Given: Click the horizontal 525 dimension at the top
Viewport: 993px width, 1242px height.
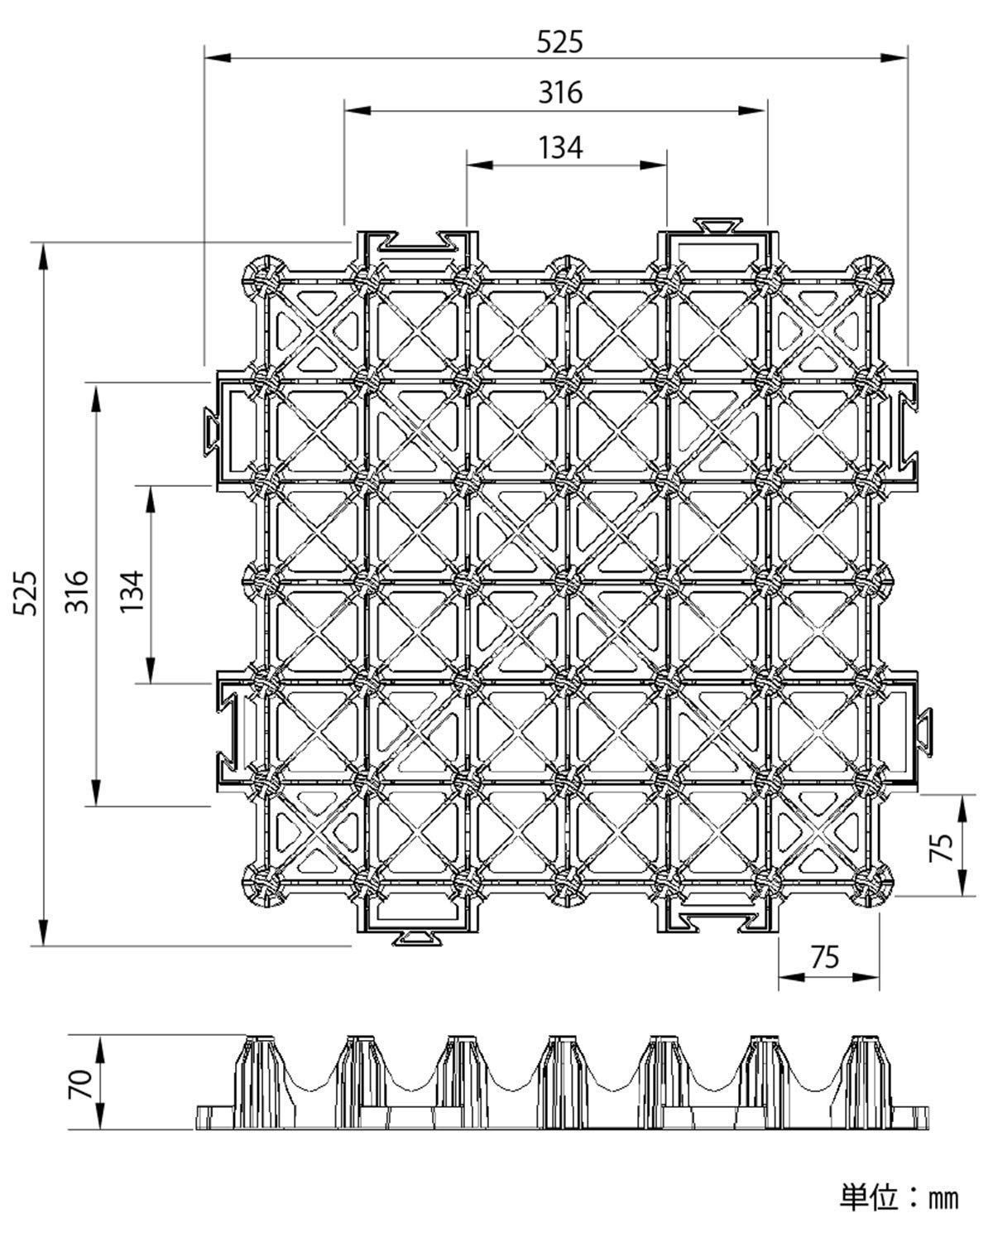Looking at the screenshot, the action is (x=559, y=42).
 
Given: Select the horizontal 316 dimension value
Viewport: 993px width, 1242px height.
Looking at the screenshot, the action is (x=560, y=93).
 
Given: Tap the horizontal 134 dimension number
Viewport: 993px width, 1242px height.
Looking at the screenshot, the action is (x=560, y=147).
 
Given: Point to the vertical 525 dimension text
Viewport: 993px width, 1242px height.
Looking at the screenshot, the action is (x=25, y=593).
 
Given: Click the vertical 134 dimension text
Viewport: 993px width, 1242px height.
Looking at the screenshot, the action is (x=132, y=591).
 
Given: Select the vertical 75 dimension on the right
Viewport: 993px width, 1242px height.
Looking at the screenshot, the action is (x=941, y=847).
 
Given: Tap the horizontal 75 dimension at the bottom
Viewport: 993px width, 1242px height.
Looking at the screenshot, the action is (x=824, y=957).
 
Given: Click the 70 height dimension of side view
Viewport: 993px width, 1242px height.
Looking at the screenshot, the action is (x=80, y=1084).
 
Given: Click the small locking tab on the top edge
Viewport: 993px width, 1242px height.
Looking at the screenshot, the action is (x=717, y=224).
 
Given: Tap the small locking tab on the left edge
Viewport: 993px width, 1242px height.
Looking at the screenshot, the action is (x=211, y=430).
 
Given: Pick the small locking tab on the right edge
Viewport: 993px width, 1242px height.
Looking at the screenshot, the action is (x=924, y=732).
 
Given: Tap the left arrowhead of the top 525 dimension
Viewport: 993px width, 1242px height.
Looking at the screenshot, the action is (x=218, y=58).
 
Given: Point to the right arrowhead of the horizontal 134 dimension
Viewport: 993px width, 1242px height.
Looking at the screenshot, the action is (x=654, y=165).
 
